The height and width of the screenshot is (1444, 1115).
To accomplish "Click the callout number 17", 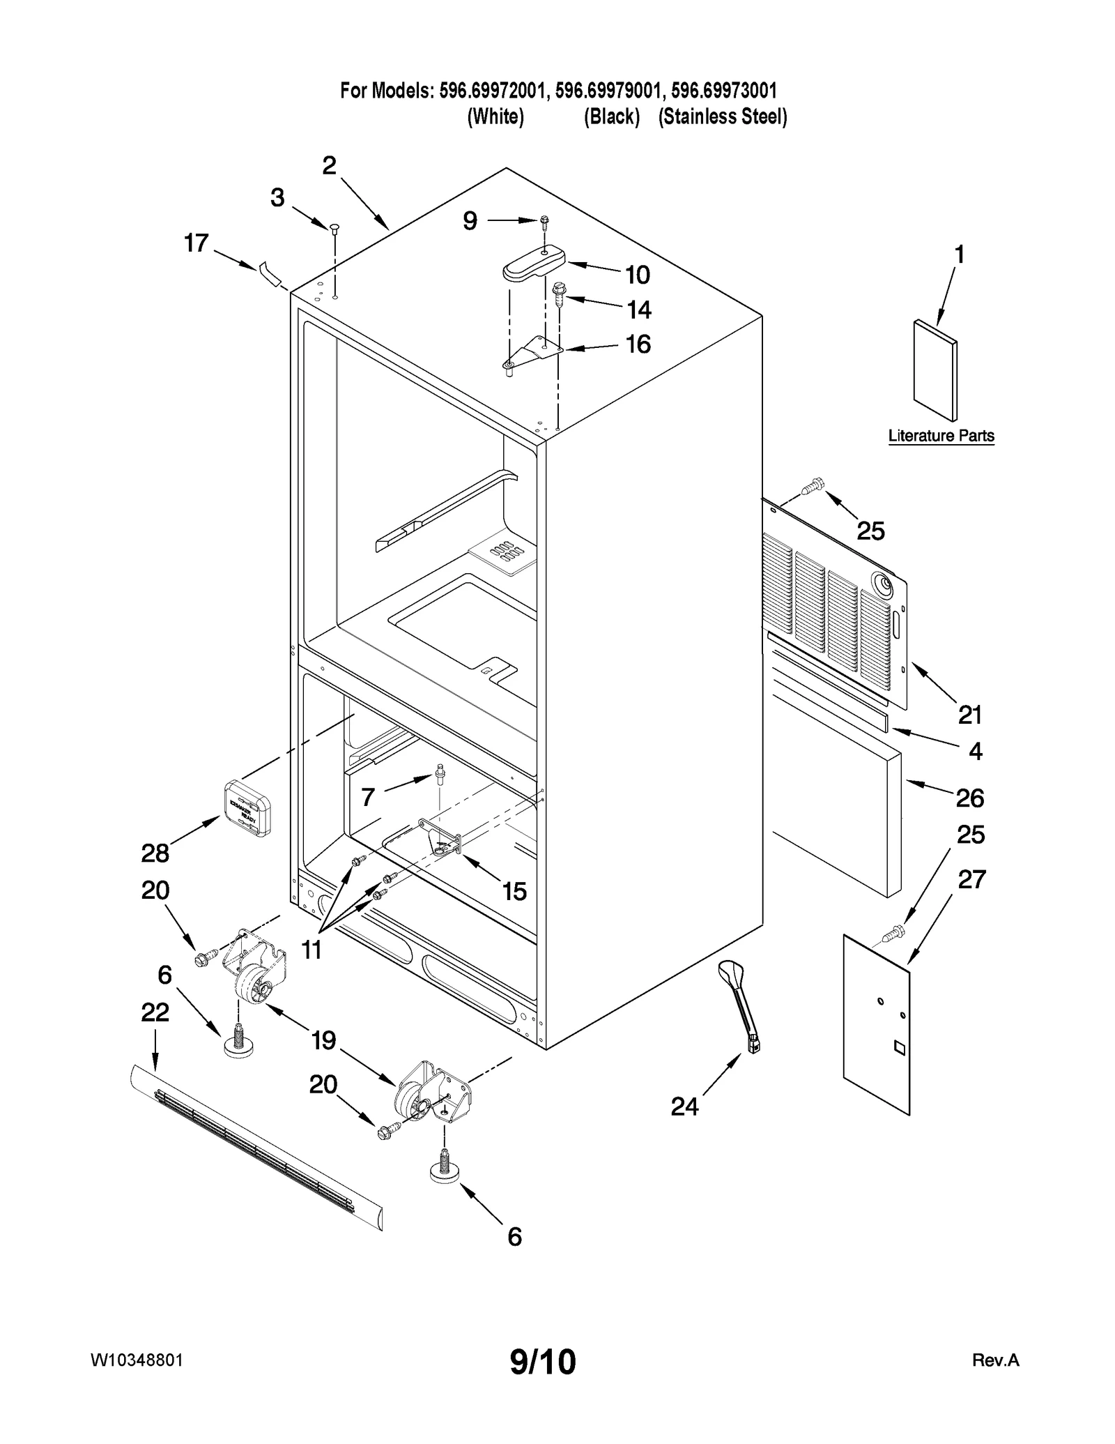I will [196, 243].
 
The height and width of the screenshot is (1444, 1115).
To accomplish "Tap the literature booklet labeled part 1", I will [935, 371].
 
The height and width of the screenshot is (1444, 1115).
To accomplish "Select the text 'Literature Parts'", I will [941, 436].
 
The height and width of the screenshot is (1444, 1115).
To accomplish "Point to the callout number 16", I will [638, 344].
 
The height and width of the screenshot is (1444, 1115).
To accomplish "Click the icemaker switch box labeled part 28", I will [247, 807].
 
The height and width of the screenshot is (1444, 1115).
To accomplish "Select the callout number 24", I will [684, 1106].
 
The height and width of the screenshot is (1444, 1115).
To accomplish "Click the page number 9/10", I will [543, 1362].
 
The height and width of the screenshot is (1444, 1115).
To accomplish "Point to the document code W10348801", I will [137, 1360].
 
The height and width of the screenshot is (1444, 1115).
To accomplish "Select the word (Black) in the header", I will [611, 116].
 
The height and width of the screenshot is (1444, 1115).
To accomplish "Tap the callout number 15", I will [514, 891].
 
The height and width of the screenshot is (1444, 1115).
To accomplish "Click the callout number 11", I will [311, 949].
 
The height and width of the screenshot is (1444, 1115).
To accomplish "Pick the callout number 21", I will [969, 715].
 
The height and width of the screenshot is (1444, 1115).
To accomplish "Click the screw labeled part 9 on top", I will [544, 221].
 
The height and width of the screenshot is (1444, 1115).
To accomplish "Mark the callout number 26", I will [969, 798].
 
